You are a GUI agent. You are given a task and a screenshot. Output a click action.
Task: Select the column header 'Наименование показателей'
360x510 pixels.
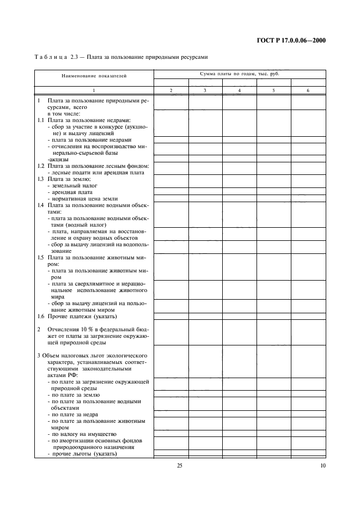[x=94, y=76]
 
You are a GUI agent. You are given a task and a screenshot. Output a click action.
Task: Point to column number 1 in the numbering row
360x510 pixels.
[x=94, y=90]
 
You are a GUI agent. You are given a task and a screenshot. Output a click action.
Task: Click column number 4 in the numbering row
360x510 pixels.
[x=239, y=90]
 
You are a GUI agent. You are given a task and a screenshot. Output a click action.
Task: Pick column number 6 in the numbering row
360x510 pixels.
[x=308, y=90]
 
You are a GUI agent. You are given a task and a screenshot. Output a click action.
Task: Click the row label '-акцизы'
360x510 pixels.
[x=57, y=159]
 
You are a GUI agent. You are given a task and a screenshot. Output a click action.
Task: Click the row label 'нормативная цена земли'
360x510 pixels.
[x=85, y=198]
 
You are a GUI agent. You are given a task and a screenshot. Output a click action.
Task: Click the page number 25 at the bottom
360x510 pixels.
[x=180, y=466]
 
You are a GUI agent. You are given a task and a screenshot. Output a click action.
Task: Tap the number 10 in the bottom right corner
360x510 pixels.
[x=322, y=466]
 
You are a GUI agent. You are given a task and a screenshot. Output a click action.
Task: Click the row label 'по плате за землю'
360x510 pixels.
[x=76, y=394]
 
